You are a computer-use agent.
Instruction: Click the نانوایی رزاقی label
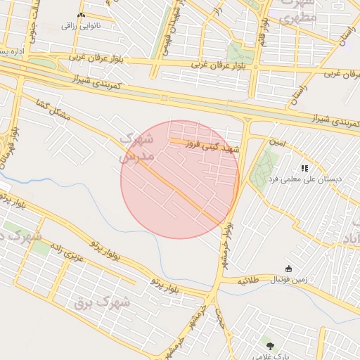tap(79, 26)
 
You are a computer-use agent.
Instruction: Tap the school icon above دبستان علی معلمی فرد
tap(304, 169)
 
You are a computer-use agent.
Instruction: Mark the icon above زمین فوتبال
tap(288, 268)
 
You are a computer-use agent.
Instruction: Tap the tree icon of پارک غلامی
tap(271, 345)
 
